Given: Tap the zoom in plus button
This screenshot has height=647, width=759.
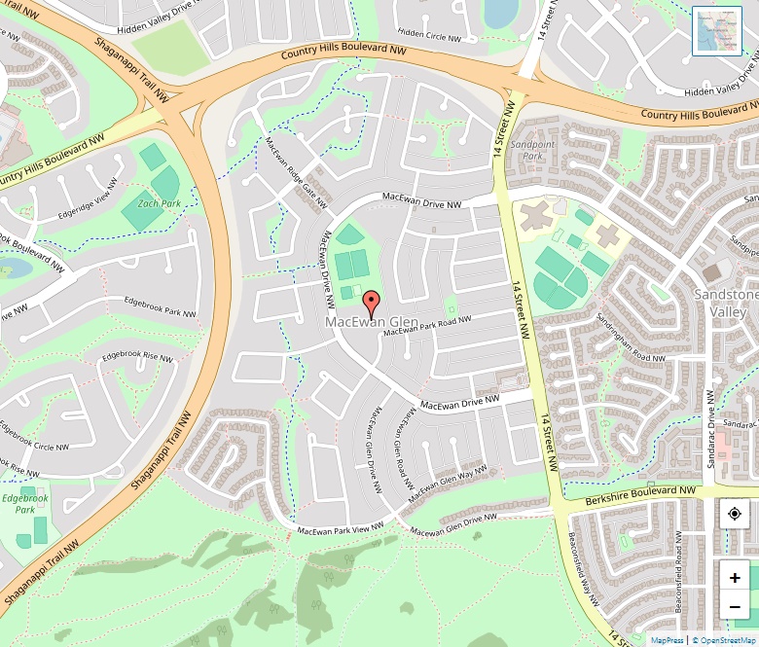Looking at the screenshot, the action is click(x=735, y=577).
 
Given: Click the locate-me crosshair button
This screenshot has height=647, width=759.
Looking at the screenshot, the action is click(x=735, y=513).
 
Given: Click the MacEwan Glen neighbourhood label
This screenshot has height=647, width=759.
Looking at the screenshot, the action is click(x=372, y=321).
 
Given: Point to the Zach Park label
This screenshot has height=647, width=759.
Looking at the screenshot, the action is click(x=159, y=203).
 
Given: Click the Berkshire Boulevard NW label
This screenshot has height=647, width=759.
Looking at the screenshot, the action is click(x=642, y=496).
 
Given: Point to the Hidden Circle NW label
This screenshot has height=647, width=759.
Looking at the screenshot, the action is click(x=429, y=36).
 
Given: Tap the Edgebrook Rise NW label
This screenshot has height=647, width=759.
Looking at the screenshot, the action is click(x=137, y=357).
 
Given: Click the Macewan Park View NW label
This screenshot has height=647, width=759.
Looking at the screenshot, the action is click(x=341, y=529).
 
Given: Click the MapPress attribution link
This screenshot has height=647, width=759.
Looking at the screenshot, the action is click(x=668, y=640).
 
